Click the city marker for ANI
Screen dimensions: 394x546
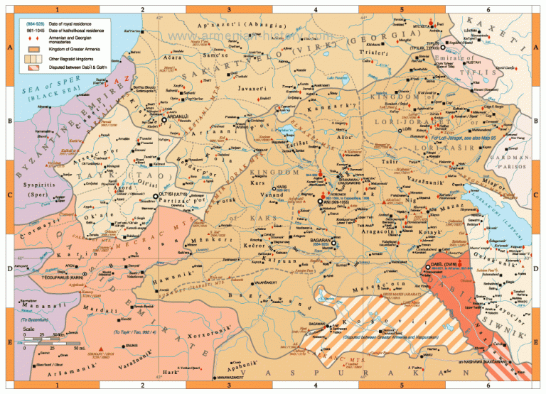[x=320, y=201]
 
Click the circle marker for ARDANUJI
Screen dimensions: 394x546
[x=164, y=121]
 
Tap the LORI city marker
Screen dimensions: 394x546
[x=400, y=130]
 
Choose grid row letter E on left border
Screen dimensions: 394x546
[x=6, y=341]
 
